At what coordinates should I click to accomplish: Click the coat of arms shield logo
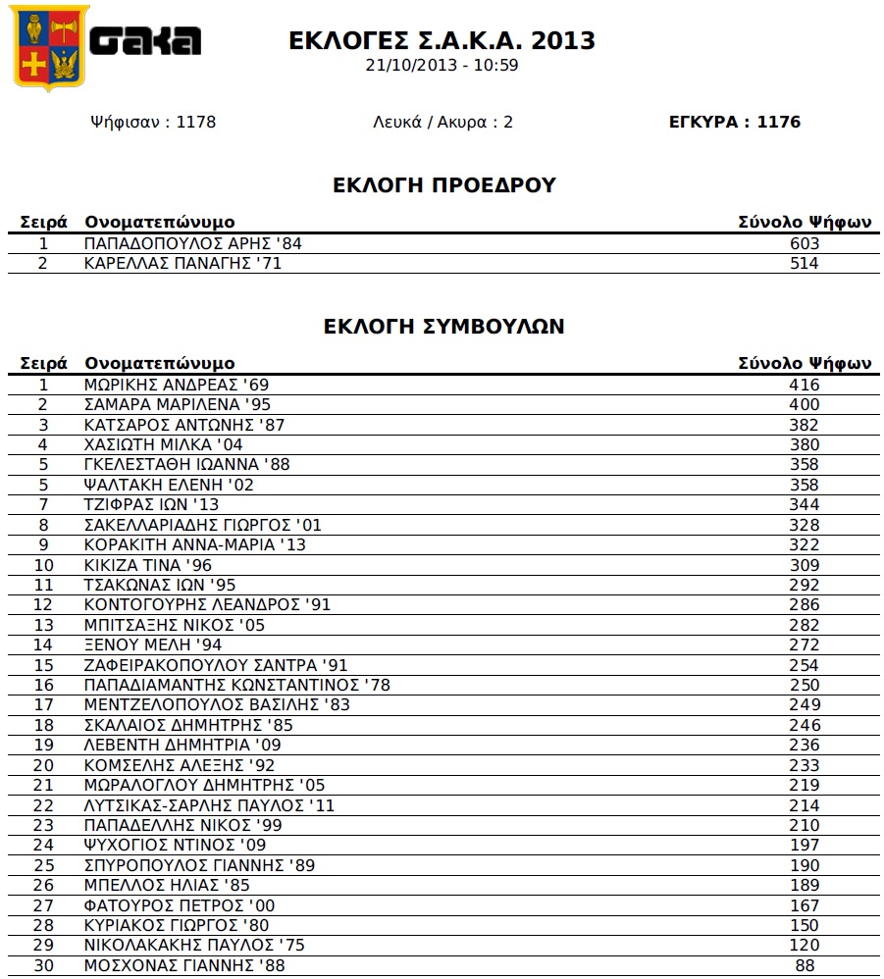click(x=49, y=47)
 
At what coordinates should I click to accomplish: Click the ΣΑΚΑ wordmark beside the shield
click(x=145, y=40)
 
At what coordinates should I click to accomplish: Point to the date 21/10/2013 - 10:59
click(x=442, y=66)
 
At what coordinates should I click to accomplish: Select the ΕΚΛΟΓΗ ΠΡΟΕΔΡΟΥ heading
click(x=444, y=185)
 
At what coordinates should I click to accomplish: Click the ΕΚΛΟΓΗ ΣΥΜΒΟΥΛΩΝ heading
click(x=443, y=327)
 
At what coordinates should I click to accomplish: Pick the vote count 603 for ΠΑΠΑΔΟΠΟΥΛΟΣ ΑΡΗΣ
click(x=804, y=243)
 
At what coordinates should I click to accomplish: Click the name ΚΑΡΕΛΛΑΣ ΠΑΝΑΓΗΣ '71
click(x=183, y=263)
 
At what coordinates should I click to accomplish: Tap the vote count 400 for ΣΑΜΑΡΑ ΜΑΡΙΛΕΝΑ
click(x=804, y=404)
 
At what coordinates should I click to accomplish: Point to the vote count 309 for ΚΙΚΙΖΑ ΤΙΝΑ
click(x=804, y=565)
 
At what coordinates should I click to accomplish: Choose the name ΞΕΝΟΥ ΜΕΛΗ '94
click(x=153, y=644)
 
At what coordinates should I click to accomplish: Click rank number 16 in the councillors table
click(x=43, y=685)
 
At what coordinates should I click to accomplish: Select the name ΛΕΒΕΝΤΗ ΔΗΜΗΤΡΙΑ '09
click(x=183, y=745)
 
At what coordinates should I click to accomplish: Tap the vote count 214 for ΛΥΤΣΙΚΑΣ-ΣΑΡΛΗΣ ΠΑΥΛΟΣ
click(x=804, y=805)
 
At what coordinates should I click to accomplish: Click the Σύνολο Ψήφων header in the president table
click(x=805, y=223)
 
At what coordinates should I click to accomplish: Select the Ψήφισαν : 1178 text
click(x=152, y=122)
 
